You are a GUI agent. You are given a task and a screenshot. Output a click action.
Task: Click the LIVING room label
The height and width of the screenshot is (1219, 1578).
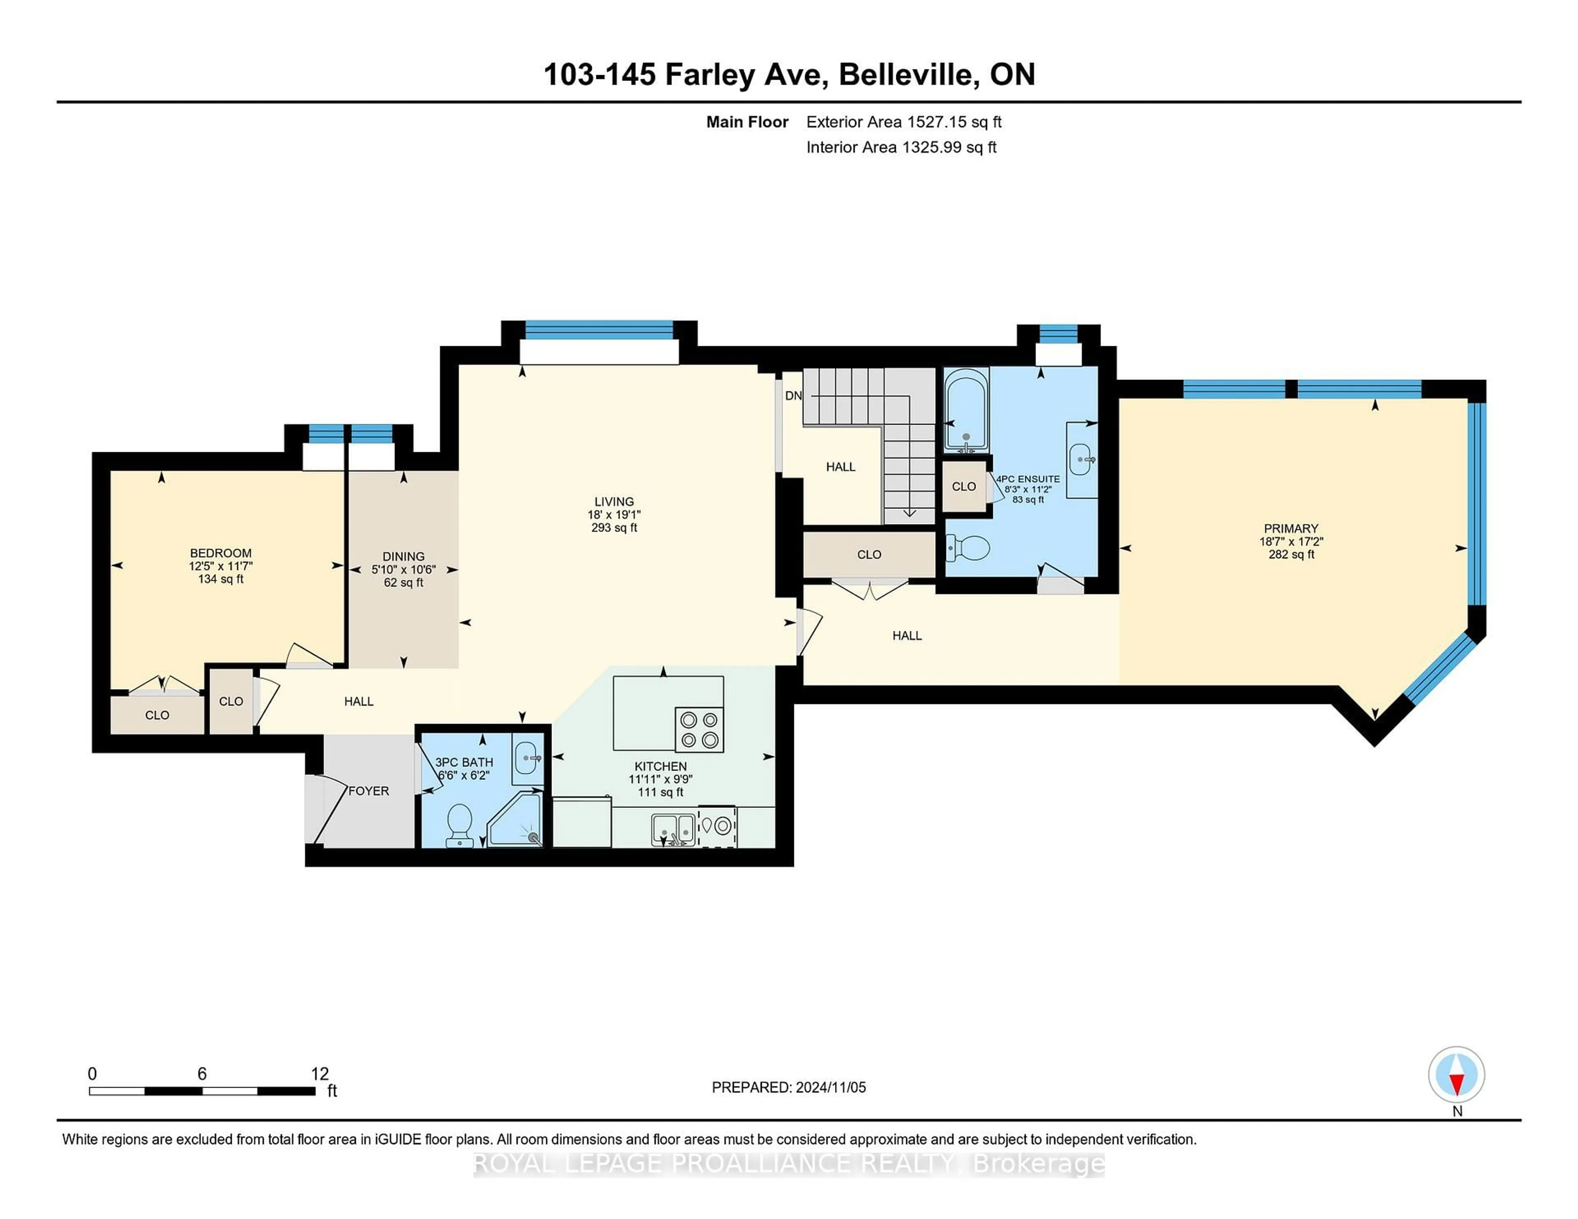(614, 501)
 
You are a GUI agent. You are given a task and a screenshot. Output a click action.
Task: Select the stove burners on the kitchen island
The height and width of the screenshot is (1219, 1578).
(699, 729)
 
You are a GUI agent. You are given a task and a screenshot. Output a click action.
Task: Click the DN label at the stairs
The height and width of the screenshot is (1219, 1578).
(794, 396)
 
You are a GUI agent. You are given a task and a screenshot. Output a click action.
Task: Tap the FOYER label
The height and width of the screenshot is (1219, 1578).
(369, 791)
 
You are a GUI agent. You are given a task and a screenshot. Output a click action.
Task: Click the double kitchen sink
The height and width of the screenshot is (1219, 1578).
(674, 829)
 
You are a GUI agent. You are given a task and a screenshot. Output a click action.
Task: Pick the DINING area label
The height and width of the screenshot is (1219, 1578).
(403, 556)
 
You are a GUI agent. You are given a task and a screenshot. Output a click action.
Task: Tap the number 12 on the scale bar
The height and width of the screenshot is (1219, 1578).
(319, 1074)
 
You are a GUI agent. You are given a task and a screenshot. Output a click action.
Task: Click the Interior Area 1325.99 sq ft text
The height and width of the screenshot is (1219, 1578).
(901, 147)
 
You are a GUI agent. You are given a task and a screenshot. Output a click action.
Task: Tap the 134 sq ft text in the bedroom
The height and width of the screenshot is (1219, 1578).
(220, 579)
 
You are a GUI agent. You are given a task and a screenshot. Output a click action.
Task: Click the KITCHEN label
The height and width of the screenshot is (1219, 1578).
(660, 766)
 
